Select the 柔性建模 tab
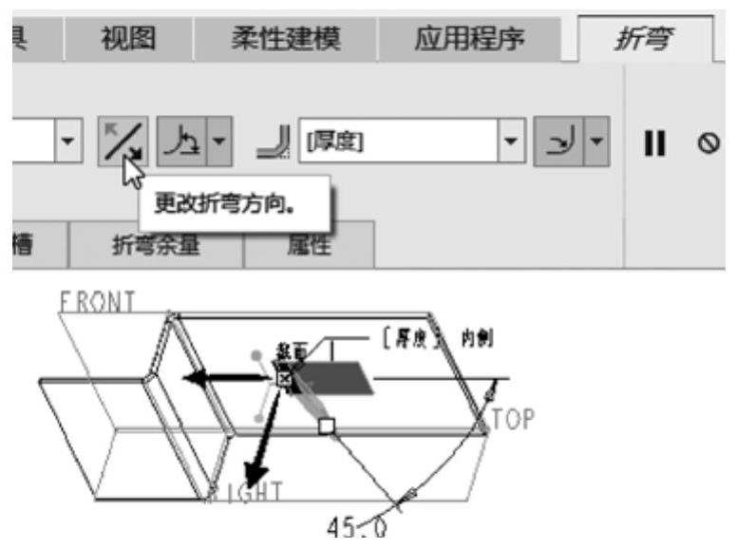[284, 39]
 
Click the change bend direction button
[124, 141]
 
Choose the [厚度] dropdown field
[399, 142]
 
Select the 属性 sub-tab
[309, 246]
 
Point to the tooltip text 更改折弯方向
[235, 203]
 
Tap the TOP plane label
[515, 418]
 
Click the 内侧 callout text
[479, 338]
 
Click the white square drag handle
[326, 426]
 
